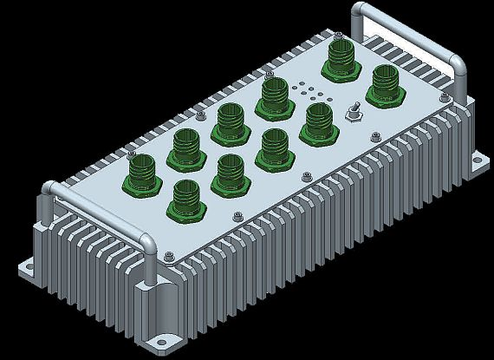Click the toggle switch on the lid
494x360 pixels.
coord(354,112)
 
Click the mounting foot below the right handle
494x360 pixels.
coord(476,164)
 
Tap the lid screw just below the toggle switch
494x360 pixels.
coord(372,135)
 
